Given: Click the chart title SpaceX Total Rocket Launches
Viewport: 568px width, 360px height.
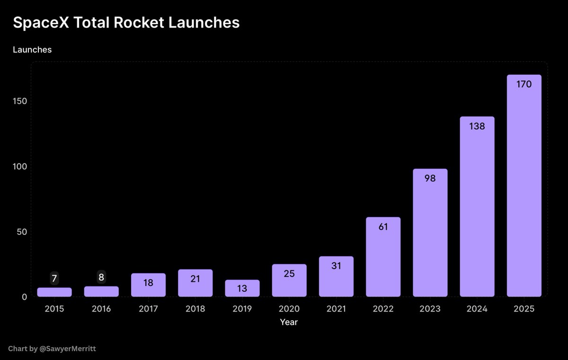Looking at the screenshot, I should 126,23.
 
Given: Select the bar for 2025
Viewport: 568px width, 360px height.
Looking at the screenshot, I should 524,189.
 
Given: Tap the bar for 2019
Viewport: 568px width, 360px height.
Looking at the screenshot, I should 242,289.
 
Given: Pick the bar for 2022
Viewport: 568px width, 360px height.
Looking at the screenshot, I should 383,258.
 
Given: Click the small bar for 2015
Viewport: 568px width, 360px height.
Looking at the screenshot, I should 54,292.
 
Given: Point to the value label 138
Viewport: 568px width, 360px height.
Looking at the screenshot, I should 477,126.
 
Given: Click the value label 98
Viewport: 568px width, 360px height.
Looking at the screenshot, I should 430,179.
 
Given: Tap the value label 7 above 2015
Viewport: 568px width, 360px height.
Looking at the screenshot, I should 54,279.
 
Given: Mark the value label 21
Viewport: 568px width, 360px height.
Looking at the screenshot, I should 195,279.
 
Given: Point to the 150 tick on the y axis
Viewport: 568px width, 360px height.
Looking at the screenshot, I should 21,101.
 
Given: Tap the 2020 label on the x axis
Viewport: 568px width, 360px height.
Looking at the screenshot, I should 289,309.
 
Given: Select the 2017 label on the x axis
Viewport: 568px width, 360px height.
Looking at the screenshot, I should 148,309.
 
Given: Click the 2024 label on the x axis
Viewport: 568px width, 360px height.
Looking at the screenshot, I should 477,309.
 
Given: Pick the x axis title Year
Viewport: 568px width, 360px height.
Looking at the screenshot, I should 289,322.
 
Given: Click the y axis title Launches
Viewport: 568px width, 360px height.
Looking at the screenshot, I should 32,49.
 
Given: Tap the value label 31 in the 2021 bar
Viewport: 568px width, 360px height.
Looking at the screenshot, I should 336,266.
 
